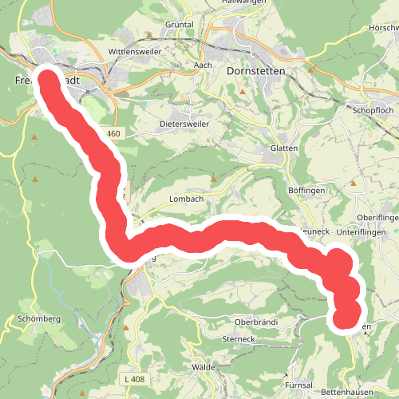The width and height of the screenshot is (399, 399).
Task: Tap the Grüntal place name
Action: click(x=180, y=25)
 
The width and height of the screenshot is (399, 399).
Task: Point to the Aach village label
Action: click(x=202, y=65)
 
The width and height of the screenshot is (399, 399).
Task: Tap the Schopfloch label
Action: click(x=374, y=112)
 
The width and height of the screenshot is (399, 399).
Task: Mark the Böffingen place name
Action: click(x=307, y=192)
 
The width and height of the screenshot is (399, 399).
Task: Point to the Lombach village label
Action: click(x=187, y=199)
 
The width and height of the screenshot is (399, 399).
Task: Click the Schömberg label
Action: click(x=38, y=318)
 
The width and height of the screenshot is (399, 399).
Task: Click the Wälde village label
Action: click(x=204, y=367)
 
